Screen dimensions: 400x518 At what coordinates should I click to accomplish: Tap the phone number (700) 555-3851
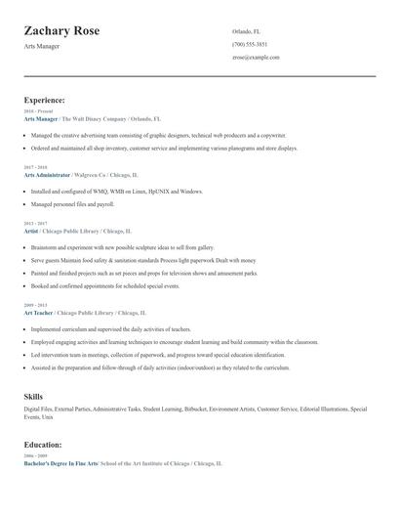250,45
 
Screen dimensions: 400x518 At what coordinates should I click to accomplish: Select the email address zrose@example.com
256,58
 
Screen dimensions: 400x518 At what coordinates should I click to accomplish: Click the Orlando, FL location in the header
247,32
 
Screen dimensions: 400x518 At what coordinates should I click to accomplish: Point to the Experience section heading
45,100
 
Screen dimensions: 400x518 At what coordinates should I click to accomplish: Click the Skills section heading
33,396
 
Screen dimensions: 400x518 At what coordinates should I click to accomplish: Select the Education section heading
43,445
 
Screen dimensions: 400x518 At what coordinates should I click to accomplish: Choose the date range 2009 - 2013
34,305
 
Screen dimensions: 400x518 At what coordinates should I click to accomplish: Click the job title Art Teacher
38,313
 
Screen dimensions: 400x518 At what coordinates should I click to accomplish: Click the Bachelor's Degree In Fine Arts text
60,463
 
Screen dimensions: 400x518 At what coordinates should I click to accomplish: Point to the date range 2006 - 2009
34,456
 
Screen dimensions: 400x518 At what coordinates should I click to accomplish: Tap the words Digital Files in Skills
38,409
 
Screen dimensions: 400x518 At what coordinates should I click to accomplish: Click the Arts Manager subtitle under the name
41,48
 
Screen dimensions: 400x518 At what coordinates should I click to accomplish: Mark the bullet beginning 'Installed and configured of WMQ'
117,192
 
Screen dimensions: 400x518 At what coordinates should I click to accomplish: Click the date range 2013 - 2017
34,223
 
